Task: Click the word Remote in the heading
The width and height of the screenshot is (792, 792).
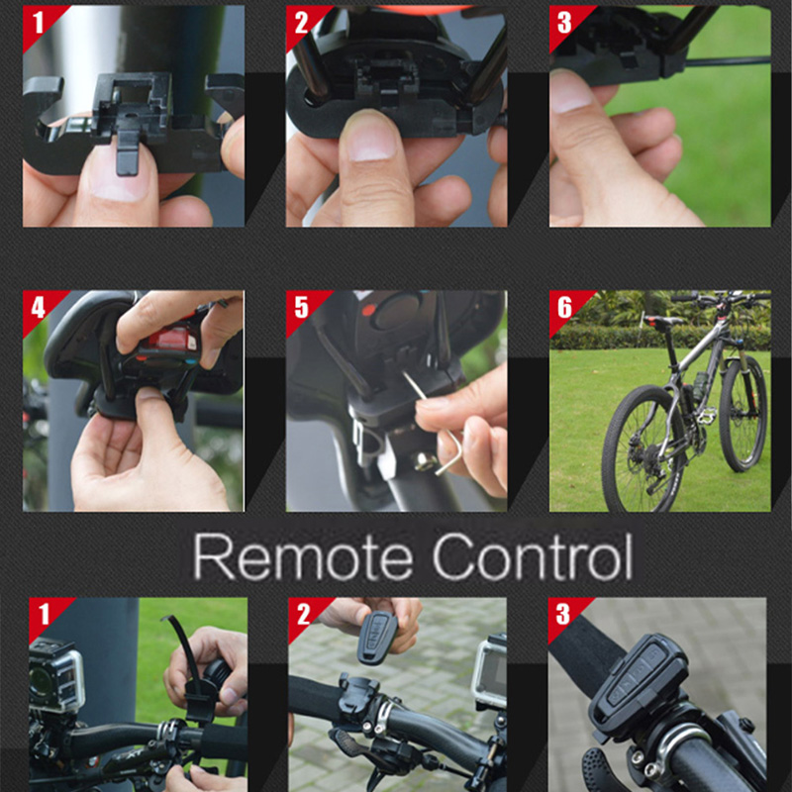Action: (303, 557)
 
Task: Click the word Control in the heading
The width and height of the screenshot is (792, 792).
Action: (533, 556)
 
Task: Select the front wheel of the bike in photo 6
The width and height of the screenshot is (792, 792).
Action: (742, 413)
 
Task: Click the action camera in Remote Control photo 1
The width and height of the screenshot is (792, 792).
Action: (55, 675)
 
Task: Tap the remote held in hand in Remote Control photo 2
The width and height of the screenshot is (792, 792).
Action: (377, 638)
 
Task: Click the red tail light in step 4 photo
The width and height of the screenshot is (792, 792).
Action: (170, 339)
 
